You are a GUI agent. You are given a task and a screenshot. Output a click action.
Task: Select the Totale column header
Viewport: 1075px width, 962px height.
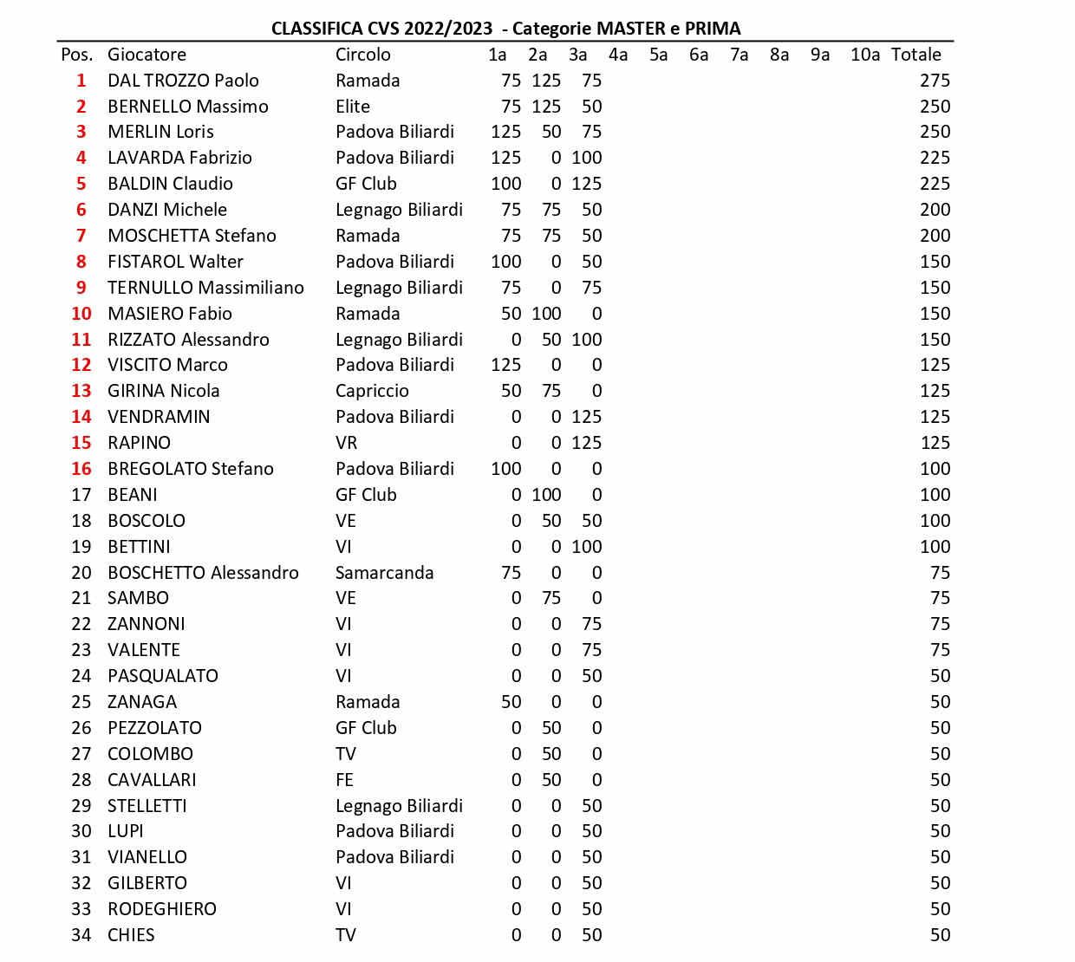coord(915,55)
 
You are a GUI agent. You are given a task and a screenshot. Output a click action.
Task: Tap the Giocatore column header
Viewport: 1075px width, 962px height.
coord(147,55)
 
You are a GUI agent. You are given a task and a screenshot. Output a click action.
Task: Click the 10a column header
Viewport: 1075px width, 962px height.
coord(864,55)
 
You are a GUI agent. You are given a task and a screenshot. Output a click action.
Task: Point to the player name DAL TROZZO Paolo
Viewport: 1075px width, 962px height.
coord(183,81)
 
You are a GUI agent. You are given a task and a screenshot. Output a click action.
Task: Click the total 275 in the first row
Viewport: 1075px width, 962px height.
coord(935,81)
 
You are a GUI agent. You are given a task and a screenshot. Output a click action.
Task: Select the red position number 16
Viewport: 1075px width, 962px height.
coord(81,469)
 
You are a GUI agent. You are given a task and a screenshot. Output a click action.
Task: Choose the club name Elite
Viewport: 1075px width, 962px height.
coord(353,107)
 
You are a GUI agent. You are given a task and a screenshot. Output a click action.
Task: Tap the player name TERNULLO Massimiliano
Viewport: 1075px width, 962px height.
coord(205,288)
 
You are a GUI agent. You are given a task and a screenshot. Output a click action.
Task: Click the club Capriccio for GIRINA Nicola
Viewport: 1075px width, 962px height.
coord(372,391)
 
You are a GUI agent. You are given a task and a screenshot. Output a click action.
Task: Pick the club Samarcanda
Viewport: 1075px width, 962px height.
coord(384,573)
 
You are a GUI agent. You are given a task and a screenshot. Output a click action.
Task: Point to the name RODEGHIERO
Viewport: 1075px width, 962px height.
coord(161,909)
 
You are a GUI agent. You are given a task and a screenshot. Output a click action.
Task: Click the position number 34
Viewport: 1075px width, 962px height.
coord(81,935)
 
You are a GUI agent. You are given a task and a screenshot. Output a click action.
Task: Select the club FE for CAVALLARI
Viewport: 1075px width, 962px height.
coord(344,780)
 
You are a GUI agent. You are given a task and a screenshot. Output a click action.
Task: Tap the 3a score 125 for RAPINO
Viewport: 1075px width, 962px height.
coord(586,443)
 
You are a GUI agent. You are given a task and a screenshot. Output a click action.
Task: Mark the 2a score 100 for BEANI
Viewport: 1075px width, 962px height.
coord(546,495)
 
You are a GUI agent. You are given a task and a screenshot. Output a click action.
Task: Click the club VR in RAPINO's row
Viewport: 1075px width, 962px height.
coord(346,443)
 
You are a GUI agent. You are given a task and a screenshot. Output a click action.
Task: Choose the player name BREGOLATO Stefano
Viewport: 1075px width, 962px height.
coord(190,469)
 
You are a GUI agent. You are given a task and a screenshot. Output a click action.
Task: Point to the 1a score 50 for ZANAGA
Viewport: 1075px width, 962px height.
coord(511,702)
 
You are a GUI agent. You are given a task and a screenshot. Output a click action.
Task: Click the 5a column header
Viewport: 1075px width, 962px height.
coord(658,55)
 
